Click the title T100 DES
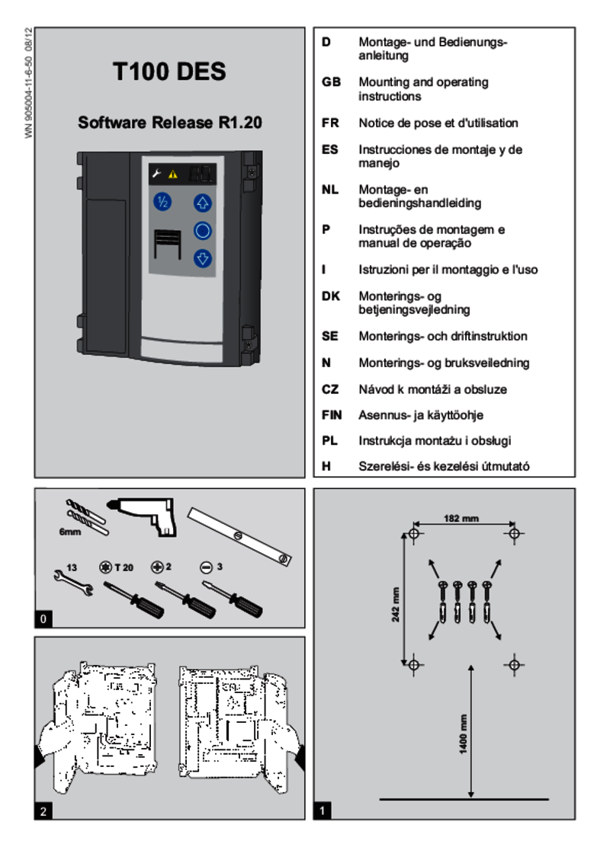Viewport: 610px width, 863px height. coord(169,72)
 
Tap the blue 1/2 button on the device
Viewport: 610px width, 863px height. coord(162,202)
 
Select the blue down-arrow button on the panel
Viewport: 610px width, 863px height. coord(202,258)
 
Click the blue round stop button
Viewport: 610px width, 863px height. coord(202,230)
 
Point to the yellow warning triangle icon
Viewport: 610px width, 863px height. coord(172,174)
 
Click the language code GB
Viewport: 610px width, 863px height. coord(331,82)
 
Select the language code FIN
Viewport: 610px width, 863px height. coord(332,415)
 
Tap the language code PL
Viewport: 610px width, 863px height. coord(329,441)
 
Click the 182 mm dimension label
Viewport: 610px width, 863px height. coord(461,519)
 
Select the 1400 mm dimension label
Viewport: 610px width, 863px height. coord(463,734)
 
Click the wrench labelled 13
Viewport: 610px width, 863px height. coord(73,583)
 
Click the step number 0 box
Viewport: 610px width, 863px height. coord(43,619)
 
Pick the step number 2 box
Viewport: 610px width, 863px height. coord(43,811)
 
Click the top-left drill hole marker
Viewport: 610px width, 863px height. coord(414,532)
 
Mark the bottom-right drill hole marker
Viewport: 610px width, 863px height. coord(514,664)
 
